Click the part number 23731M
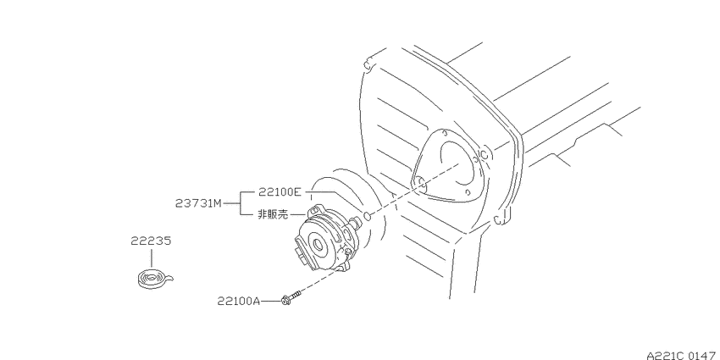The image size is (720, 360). point(198,202)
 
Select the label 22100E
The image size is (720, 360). point(280,192)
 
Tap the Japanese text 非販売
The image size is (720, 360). point(273,214)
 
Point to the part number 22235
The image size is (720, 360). point(151,241)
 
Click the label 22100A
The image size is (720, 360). point(239,302)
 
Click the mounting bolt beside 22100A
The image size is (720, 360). point(291,298)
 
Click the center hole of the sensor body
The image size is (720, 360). point(318,244)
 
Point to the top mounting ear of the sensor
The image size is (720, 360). point(313,210)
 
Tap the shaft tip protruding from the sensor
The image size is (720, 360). point(357,222)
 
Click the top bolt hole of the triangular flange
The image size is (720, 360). point(445,133)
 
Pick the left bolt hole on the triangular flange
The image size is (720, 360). point(419,183)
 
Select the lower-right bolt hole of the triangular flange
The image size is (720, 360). point(467,191)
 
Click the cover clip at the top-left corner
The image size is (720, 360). point(367,64)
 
